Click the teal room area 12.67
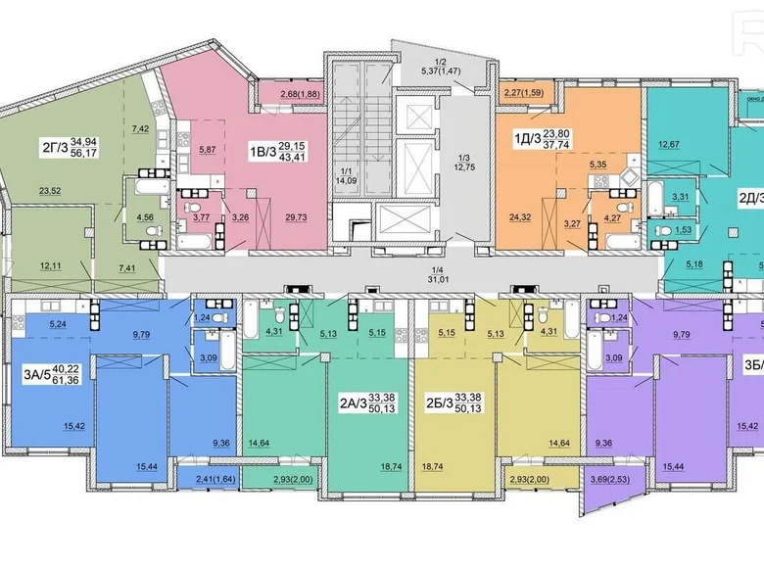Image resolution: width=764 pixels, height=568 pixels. pyautogui.click(x=669, y=145)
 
